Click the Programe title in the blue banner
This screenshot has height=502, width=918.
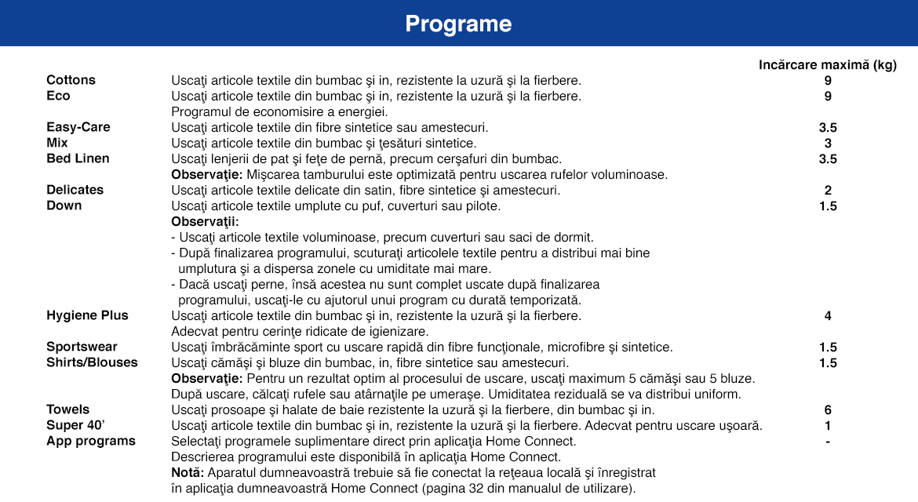(458, 24)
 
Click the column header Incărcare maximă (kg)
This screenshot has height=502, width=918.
(828, 65)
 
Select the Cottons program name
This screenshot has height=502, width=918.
(71, 80)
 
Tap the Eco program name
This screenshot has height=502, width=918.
(58, 96)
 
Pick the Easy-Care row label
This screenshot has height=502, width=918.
(78, 127)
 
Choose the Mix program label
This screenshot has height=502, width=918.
(57, 143)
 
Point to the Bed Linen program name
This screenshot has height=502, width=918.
(78, 158)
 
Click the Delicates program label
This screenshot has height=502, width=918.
(75, 190)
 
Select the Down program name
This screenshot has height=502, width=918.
(64, 206)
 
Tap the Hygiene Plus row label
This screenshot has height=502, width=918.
(87, 315)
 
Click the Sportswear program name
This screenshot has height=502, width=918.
(82, 347)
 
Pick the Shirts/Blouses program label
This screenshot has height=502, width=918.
(92, 362)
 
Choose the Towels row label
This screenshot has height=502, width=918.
(67, 409)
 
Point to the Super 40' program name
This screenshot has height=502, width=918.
(76, 425)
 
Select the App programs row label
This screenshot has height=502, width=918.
(90, 441)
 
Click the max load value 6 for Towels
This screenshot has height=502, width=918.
(828, 410)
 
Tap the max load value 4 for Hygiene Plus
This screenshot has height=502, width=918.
(828, 316)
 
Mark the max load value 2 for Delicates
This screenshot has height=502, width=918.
(828, 191)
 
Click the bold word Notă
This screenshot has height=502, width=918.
(187, 472)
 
